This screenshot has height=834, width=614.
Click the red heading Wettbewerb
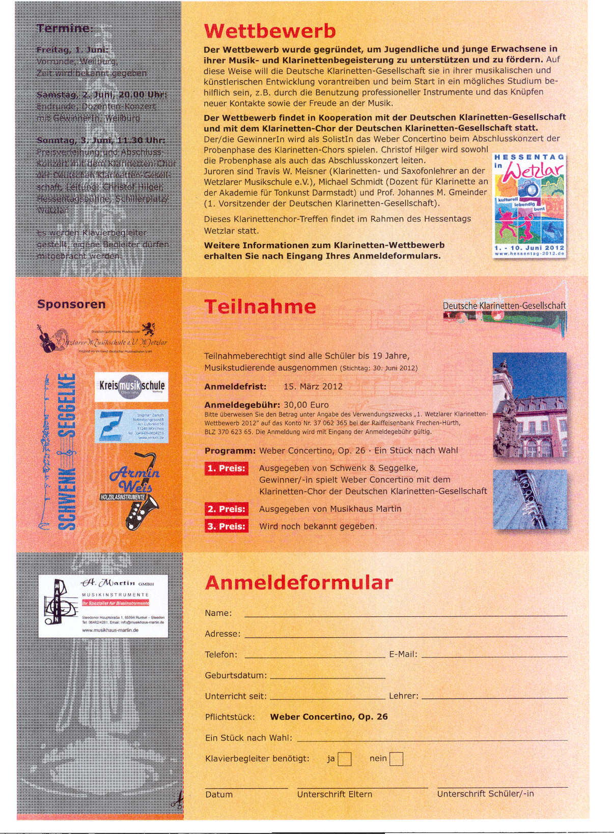tap(270, 31)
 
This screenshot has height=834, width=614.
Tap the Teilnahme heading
tap(260, 307)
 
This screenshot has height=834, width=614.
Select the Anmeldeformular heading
tap(299, 582)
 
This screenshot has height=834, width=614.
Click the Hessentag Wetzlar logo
tap(529, 206)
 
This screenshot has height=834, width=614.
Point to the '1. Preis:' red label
tap(227, 468)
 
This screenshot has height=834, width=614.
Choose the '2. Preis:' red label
tap(227, 509)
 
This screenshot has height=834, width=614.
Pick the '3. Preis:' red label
tap(227, 526)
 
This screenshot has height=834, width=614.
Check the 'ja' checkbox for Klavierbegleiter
tap(345, 759)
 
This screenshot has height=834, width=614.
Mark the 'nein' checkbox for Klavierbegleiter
tap(396, 759)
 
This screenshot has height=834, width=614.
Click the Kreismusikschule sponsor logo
tap(131, 387)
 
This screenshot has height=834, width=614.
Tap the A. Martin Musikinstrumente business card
tap(103, 606)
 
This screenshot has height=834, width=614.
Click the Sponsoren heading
tap(71, 304)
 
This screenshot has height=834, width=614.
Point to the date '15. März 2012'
tap(313, 386)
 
